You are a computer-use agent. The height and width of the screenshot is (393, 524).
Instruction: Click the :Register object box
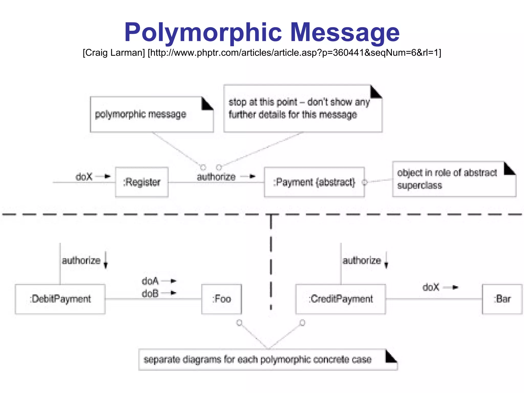pos(142,182)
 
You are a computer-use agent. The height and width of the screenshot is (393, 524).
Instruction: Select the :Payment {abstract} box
pos(314,182)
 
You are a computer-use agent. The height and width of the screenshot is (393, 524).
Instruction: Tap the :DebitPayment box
pos(60,299)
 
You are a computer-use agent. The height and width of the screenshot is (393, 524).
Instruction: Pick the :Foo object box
pos(221,299)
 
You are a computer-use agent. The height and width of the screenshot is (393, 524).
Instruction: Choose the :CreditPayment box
pos(341,299)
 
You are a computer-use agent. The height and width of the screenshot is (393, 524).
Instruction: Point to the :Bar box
pos(502,299)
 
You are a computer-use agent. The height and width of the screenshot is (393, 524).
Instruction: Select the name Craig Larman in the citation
pos(114,53)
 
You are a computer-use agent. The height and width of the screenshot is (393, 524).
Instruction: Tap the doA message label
pos(150,281)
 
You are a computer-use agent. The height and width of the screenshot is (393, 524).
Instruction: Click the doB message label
pos(150,293)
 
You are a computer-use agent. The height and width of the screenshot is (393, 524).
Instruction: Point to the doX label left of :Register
pos(84,177)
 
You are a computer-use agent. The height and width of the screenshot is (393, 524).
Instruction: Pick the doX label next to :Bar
pos(431,287)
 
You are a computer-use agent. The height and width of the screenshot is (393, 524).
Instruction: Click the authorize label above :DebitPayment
pos(81,261)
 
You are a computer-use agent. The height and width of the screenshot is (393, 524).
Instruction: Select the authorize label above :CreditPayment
pos(362,261)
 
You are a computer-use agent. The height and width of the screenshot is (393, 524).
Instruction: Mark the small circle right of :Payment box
pos(365,182)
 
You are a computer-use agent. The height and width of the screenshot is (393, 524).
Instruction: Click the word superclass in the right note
pos(420,185)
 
